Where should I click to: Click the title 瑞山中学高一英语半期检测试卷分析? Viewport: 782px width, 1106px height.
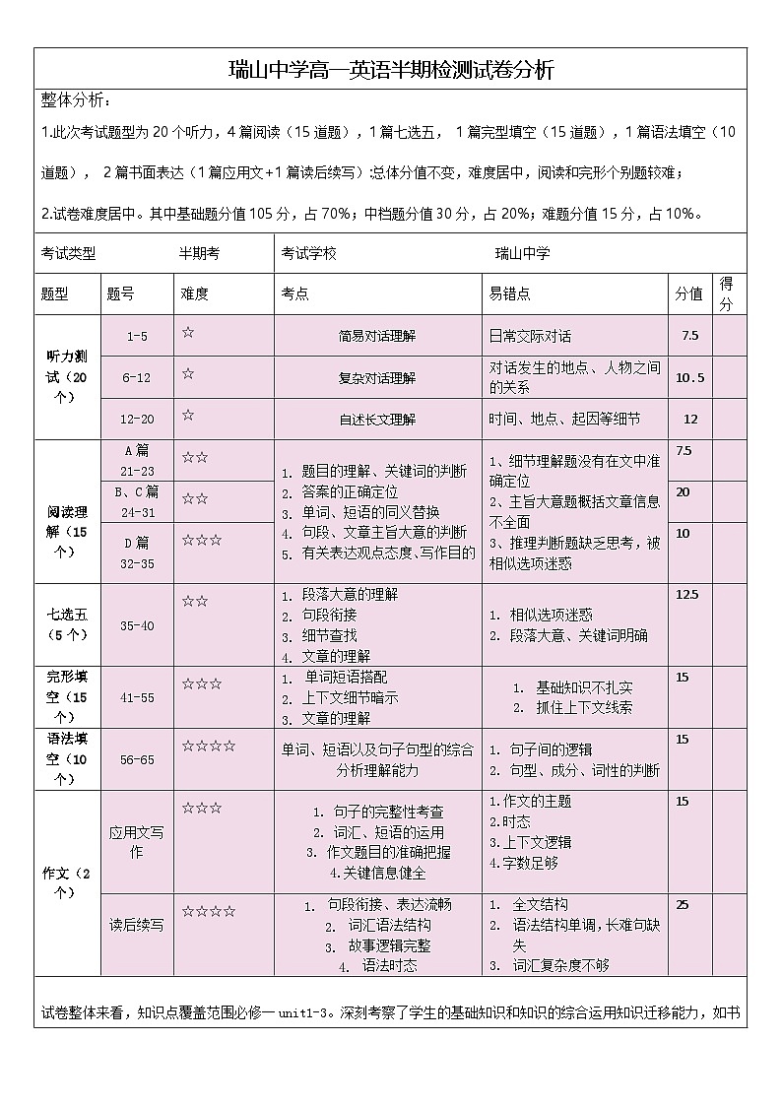point(391,70)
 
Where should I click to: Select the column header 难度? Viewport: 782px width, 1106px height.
point(194,293)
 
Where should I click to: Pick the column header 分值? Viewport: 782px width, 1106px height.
point(688,293)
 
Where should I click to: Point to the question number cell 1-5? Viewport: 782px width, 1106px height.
point(137,336)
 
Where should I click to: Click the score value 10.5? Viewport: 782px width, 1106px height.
point(689,377)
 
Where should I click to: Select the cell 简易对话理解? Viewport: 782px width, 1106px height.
point(377,336)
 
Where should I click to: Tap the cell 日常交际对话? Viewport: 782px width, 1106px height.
point(530,336)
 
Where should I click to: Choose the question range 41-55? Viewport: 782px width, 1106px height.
point(137,696)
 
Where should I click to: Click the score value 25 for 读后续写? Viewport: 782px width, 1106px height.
point(683,904)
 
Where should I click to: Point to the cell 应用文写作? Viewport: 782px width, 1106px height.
point(137,842)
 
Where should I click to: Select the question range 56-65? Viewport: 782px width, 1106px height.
point(137,759)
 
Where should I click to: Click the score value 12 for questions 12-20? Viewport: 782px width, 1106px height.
point(689,419)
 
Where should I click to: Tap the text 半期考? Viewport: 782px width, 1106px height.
point(199,253)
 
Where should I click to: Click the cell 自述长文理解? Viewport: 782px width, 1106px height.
point(377,419)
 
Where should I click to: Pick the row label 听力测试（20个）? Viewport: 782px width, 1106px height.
point(68,377)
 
